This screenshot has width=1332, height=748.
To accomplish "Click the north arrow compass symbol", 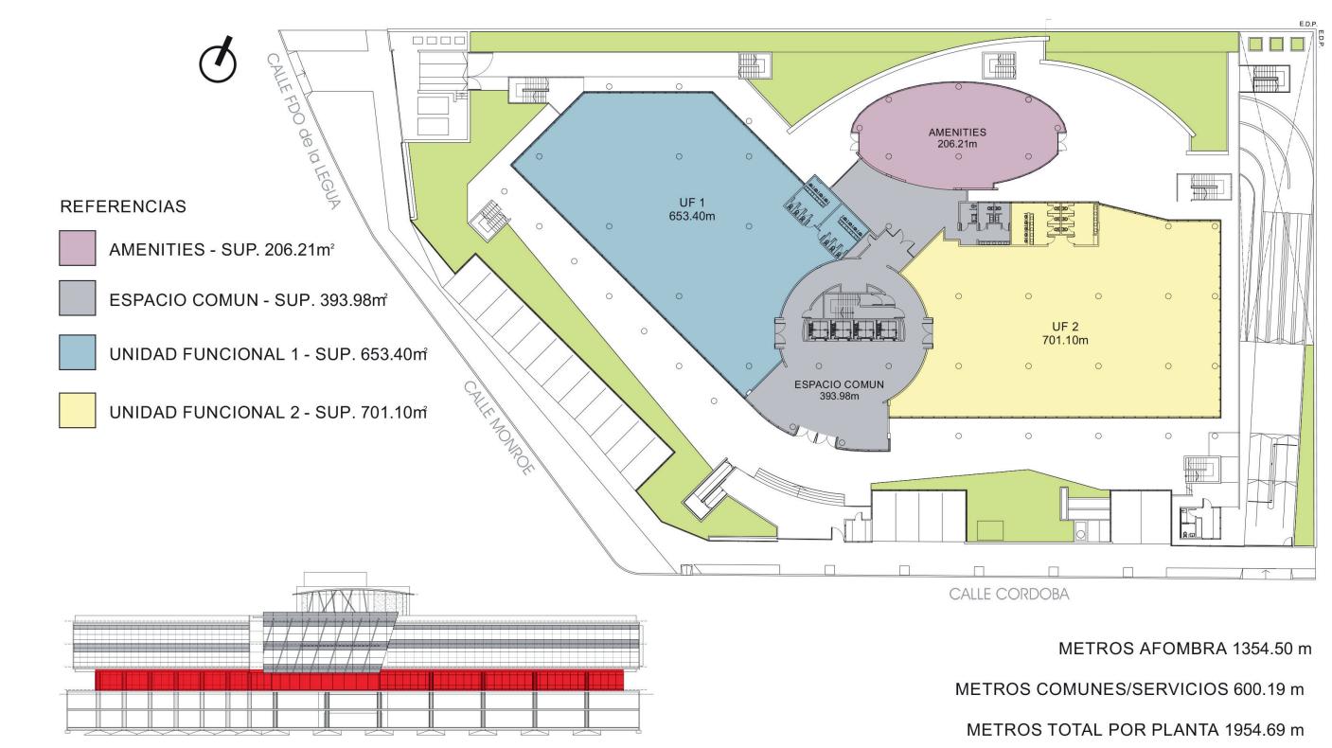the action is pos(218,61).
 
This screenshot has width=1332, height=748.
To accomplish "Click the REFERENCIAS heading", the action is pos(123,206).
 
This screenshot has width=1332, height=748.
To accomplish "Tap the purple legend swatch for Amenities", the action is pos(78,248).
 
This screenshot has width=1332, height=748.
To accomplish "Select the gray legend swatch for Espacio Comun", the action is pos(78,298).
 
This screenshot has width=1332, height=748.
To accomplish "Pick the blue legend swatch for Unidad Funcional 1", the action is pos(78,352).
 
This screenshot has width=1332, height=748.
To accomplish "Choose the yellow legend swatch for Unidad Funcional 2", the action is pos(78,410).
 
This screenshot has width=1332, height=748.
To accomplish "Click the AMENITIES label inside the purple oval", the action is pos(957,132).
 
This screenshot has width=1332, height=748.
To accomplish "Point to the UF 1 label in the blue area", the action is pos(692,203).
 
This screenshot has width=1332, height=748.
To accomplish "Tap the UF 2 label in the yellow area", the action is pos(1065,327).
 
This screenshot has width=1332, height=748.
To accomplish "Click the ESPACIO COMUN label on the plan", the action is pos(839,384).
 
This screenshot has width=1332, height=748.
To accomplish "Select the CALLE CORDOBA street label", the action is pos(1008,594).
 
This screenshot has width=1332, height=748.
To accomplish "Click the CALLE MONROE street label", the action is pos(498,428).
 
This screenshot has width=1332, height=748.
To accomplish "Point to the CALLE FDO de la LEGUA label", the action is pos(303,132).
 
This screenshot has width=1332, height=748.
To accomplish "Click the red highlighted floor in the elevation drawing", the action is pos(359,680).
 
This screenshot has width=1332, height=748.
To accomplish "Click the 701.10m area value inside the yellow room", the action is pos(1065,340).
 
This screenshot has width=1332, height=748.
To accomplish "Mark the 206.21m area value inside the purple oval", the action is pos(957,144).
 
